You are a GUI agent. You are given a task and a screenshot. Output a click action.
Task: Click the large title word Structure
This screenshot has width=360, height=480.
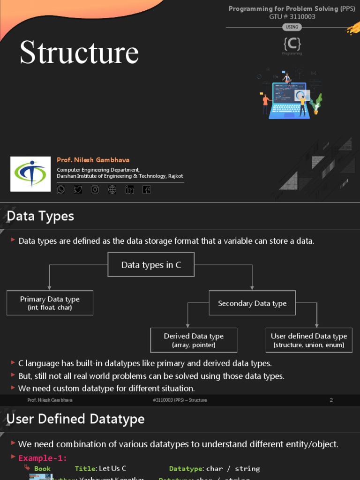click(79, 52)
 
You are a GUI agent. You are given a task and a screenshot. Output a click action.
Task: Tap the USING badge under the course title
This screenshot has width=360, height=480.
click(292, 27)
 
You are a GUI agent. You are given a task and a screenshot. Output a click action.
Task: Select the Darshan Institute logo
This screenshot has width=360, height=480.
click(30, 174)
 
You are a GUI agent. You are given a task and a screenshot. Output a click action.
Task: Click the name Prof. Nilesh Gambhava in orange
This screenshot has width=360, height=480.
click(93, 160)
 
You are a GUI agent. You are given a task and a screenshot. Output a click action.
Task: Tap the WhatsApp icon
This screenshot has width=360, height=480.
click(61, 189)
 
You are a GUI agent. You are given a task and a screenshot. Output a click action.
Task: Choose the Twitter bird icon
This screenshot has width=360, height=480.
click(78, 189)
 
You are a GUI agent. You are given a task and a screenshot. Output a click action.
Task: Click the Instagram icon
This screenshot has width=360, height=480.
click(95, 189)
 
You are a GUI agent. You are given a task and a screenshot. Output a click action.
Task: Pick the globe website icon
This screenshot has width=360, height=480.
click(112, 189)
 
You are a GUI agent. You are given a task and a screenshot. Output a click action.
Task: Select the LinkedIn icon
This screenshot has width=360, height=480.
click(129, 189)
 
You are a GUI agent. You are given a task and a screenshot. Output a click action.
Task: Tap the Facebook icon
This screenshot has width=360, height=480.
click(146, 189)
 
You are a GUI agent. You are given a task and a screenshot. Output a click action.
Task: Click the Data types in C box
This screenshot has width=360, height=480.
click(151, 265)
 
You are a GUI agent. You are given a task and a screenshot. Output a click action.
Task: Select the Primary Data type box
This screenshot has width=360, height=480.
click(50, 303)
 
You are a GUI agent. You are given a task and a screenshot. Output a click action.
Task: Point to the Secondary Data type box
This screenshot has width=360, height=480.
click(252, 303)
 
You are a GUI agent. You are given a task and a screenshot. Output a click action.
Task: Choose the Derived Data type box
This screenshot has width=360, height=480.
click(194, 340)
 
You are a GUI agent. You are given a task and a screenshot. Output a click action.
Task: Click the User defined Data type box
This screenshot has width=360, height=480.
click(309, 340)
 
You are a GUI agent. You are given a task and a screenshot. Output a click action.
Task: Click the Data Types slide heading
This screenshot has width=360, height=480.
click(40, 216)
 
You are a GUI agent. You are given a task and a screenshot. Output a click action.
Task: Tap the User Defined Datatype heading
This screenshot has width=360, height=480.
click(75, 419)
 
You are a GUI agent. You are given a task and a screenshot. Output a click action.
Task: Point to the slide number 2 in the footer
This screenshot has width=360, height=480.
click(331, 400)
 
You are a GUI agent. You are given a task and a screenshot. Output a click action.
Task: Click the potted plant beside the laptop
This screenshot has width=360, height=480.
click(316, 105)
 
